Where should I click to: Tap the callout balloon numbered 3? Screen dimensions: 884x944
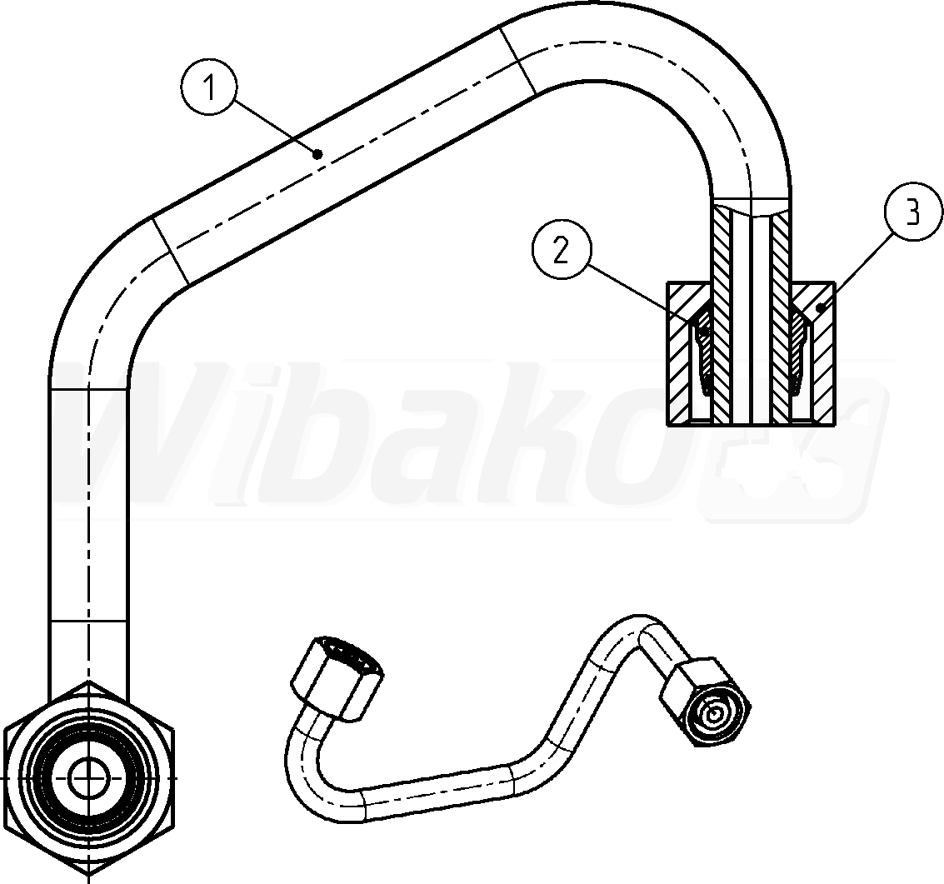pos(912,213)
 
